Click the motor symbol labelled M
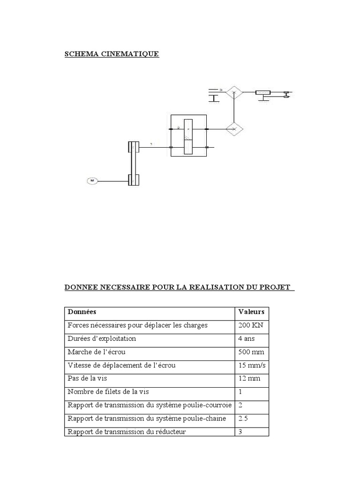coord(92,180)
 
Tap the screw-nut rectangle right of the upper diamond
coord(263,92)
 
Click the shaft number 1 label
coord(151,143)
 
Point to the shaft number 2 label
coord(179,127)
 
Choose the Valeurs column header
coord(251,312)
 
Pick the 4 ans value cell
coord(247,338)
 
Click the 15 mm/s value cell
coord(250,365)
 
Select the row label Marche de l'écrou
coord(97,352)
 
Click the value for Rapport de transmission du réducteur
coord(240,431)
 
